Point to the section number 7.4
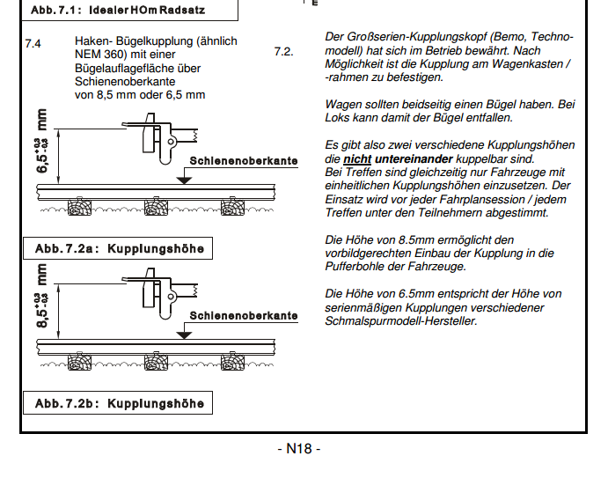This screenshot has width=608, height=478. pyautogui.click(x=33, y=42)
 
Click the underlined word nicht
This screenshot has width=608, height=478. pyautogui.click(x=359, y=159)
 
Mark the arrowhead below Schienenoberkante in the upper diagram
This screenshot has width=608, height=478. pyautogui.click(x=182, y=179)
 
